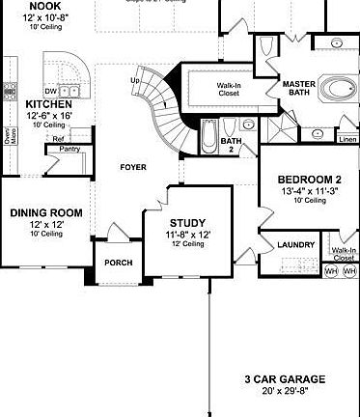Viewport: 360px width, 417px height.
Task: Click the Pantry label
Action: coord(69,149)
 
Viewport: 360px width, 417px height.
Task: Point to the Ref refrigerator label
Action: coord(59,139)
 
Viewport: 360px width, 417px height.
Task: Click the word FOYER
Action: coord(133,167)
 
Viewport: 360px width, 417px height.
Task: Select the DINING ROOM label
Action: coord(45,212)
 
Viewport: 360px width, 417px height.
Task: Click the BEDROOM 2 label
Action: coord(310,180)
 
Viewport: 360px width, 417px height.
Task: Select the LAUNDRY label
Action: coord(295,245)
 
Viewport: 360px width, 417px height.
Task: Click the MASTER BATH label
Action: coord(299,89)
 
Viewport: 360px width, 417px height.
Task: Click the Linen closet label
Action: coord(347,140)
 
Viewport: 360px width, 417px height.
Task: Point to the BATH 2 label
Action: coord(230,145)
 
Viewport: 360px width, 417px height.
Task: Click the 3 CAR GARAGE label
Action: coord(284,379)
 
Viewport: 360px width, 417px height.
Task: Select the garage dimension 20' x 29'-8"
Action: coord(284,392)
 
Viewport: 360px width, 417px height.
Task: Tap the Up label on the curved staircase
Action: coord(135,79)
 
